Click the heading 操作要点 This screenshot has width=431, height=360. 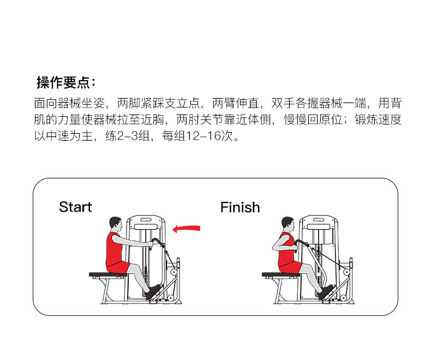pyautogui.click(x=65, y=83)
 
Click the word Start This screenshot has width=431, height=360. pyautogui.click(x=75, y=207)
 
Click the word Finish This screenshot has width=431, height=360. pyautogui.click(x=240, y=207)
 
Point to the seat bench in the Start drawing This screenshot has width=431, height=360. pyautogui.click(x=106, y=275)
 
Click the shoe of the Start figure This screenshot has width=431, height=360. pyautogui.click(x=154, y=291)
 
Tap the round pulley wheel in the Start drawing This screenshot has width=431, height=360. pyautogui.click(x=173, y=271)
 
